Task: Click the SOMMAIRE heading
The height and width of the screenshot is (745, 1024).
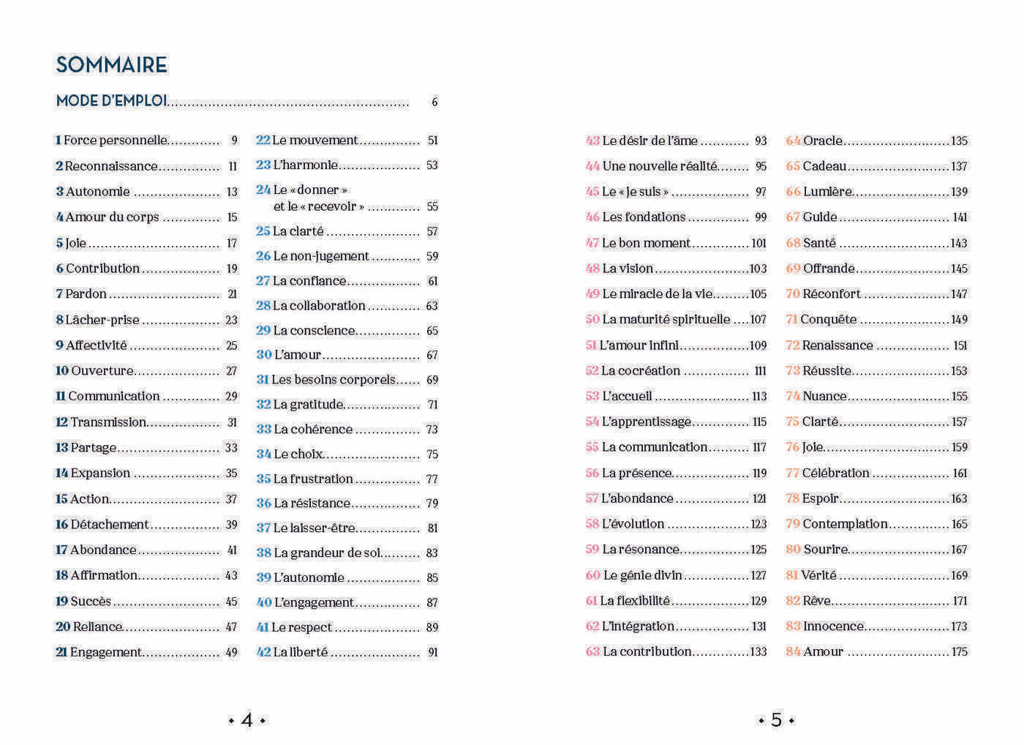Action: [x=111, y=65]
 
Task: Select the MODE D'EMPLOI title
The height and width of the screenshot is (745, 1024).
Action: [x=111, y=101]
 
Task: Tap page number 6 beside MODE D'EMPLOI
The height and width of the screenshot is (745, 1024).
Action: [x=434, y=102]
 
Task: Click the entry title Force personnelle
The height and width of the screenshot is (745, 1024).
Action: [x=116, y=141]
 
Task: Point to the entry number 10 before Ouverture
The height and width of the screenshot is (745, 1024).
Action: [x=61, y=371]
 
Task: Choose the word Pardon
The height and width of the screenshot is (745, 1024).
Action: [x=86, y=294]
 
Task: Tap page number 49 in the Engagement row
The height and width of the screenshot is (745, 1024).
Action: [x=231, y=653]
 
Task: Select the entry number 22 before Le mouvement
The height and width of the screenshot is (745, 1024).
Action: [x=263, y=141]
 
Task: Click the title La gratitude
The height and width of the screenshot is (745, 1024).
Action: [x=308, y=405]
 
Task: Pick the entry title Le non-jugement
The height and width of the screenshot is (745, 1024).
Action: [x=321, y=256]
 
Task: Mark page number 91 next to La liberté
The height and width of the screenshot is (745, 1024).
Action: [x=432, y=653]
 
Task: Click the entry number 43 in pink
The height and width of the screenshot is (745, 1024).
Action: [x=592, y=141]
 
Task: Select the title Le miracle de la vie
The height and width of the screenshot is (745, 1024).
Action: [x=657, y=294]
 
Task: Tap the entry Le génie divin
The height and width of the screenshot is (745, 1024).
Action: [x=642, y=576]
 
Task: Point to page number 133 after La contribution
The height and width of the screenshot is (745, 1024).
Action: [x=758, y=652]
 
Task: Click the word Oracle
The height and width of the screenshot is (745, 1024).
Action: [x=823, y=141]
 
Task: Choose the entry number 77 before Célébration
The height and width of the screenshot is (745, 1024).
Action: [x=792, y=473]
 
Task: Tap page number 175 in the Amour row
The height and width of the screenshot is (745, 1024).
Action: [x=959, y=652]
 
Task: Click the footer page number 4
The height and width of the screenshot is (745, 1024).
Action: [x=246, y=721]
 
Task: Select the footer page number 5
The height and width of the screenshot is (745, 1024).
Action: [x=776, y=721]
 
